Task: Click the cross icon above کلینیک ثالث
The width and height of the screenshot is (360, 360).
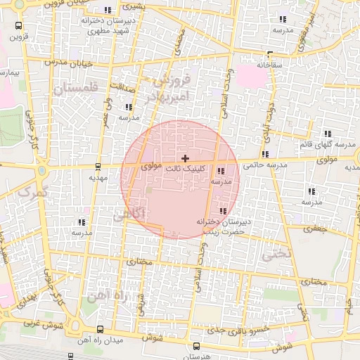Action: point(185,159)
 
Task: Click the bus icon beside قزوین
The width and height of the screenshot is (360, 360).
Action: point(17,26)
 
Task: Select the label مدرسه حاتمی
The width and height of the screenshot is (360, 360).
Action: point(265,165)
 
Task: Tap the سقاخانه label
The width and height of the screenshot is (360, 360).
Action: point(269,65)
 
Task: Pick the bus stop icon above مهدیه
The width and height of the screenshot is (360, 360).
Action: point(97,167)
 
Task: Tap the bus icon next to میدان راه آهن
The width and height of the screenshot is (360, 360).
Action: point(99,329)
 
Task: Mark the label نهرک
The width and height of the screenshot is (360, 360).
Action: point(32,190)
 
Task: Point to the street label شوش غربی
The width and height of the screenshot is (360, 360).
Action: point(28,326)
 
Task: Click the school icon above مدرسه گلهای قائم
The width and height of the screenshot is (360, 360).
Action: point(328,133)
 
